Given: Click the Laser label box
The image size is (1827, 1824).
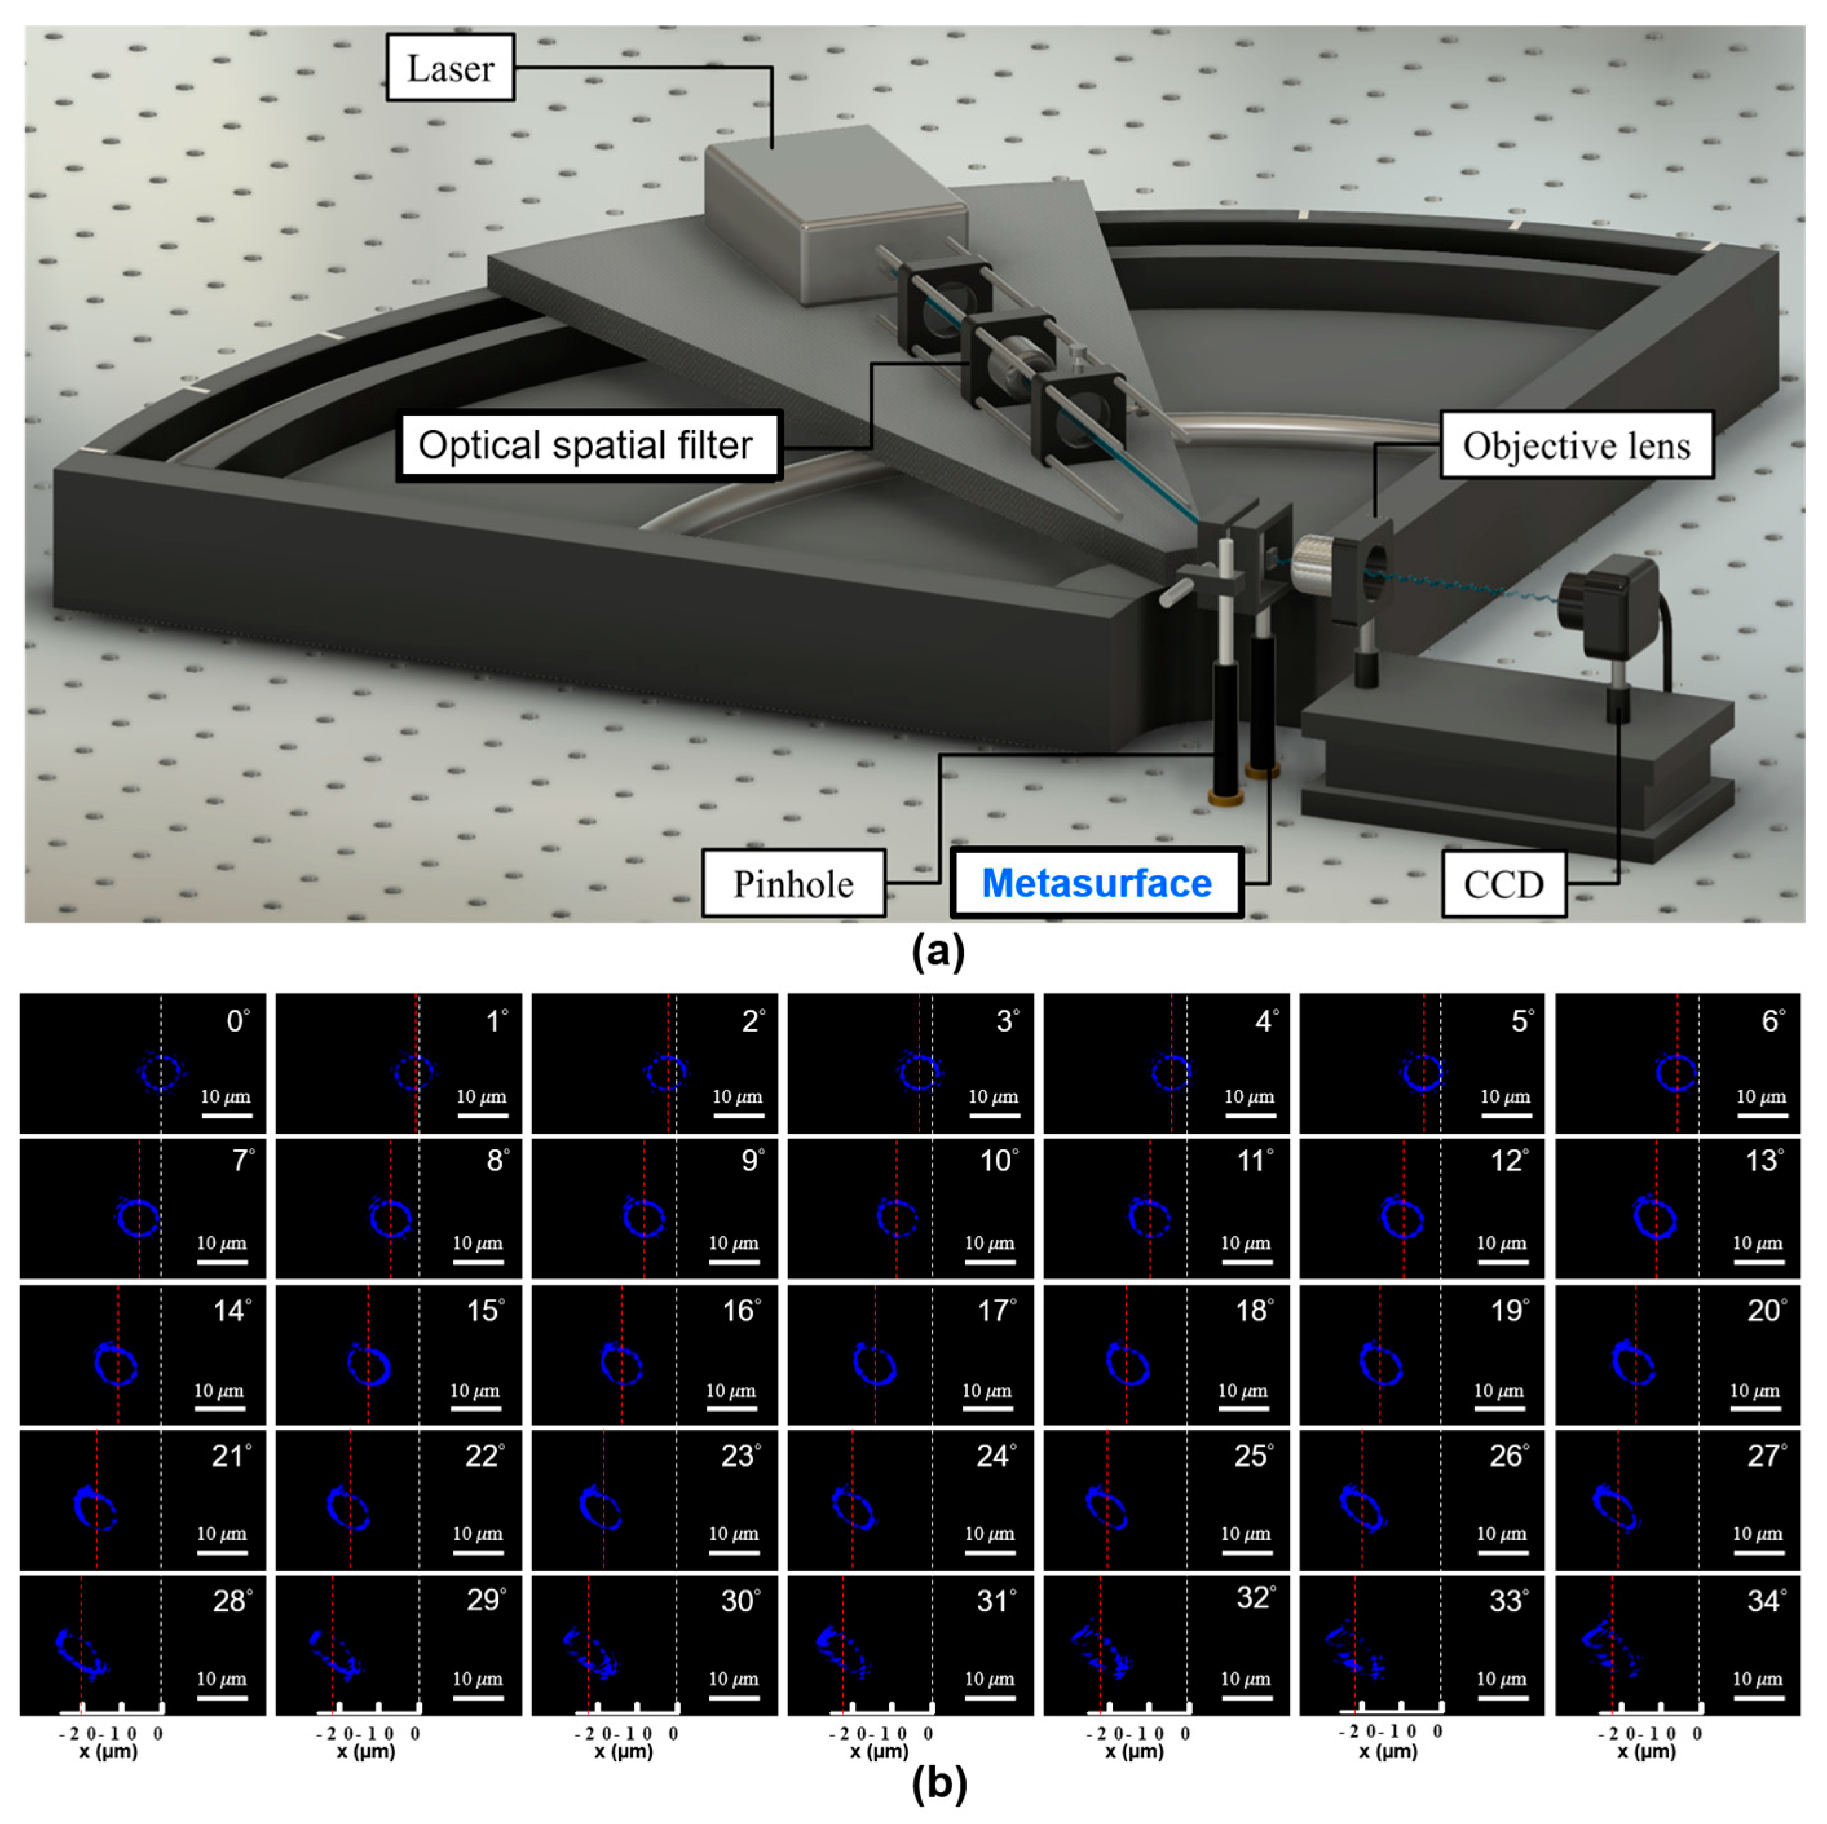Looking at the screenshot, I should click(450, 68).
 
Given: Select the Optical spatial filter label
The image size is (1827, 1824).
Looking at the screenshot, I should click(586, 445).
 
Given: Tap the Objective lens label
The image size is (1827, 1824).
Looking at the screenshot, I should click(1576, 445).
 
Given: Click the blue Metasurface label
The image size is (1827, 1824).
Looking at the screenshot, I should click(1096, 883).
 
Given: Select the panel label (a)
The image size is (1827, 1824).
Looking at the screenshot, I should click(938, 950).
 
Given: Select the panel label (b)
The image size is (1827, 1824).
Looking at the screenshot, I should click(938, 1783).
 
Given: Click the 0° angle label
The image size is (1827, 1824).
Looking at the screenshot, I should click(237, 1021).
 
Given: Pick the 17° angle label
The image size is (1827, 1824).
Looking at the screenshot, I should click(997, 1311).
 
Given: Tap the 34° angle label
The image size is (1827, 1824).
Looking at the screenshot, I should click(1766, 1601).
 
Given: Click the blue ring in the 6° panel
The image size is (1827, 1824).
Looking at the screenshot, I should click(1676, 1072).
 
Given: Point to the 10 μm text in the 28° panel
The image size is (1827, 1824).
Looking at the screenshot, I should click(221, 1679).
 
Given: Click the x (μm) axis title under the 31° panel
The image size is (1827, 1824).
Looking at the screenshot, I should click(879, 1751).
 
